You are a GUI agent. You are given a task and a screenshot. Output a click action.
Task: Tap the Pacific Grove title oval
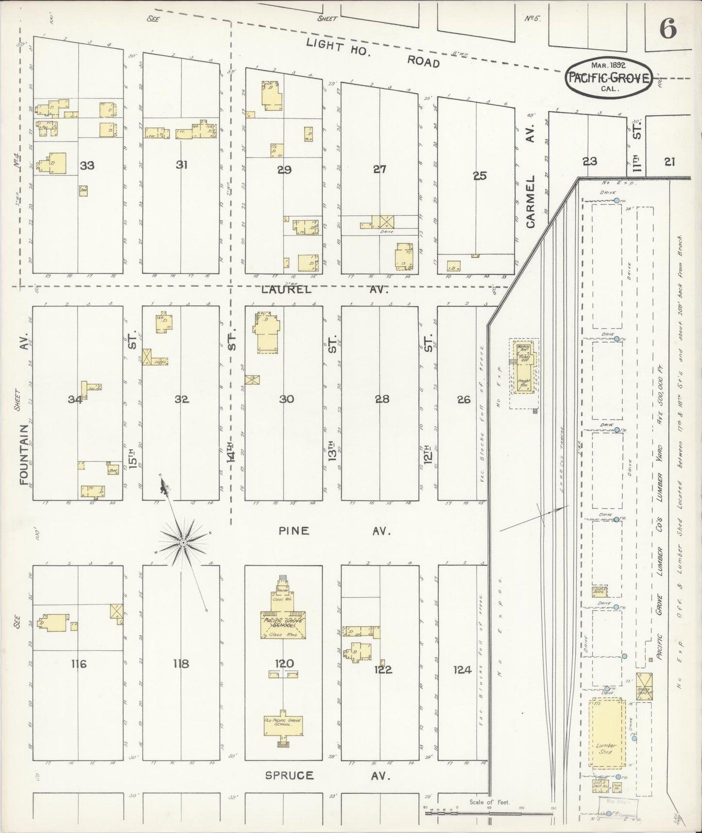[x=609, y=78]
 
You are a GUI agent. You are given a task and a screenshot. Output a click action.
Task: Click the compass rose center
[x=184, y=542]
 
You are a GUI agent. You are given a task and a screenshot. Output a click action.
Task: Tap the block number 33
[x=87, y=166]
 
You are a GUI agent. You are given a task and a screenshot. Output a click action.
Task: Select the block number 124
[x=462, y=670]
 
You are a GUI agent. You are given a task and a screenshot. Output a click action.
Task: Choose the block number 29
[x=284, y=170]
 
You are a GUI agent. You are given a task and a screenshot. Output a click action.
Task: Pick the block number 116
[x=78, y=664]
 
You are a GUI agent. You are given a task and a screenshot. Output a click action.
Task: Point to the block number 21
[x=669, y=162]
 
